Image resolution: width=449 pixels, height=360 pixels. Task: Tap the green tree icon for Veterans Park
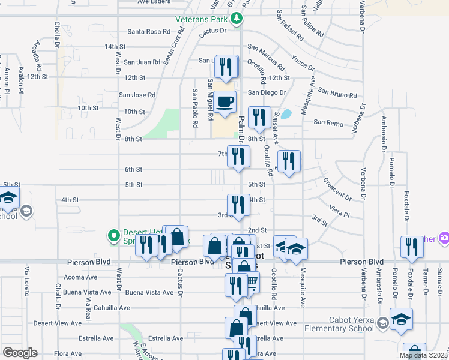pos(237,18)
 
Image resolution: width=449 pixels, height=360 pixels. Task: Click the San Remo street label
pos(328,122)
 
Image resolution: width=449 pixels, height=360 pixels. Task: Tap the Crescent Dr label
pos(337,188)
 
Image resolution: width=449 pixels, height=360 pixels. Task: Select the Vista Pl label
pos(339,210)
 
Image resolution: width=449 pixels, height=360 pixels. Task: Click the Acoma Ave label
pos(80,277)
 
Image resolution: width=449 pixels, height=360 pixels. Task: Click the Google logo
pos(20,353)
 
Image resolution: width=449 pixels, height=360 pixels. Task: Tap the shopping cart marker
pos(250,281)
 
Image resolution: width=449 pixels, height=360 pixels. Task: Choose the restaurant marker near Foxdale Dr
pos(412,247)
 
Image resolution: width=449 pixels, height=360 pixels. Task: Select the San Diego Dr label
pos(267,92)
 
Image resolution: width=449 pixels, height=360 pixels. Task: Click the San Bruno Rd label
pos(337,93)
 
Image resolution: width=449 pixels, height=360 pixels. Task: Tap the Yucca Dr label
pos(303,62)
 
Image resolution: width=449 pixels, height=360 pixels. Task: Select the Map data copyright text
pos(424,355)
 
